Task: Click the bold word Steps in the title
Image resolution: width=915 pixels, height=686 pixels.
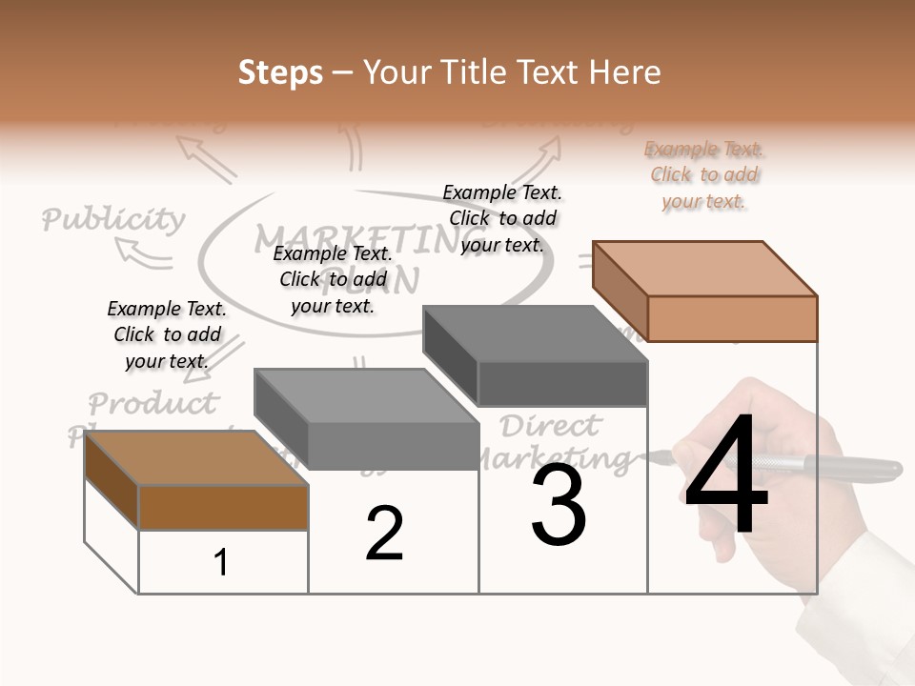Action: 280,72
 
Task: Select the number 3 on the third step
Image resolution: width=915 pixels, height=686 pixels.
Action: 559,505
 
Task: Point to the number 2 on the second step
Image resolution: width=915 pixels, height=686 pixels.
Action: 384,534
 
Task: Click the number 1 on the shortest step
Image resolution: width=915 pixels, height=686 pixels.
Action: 221,563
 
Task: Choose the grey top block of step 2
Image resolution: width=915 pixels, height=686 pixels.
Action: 368,419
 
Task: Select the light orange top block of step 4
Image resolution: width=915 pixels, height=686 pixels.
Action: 706,291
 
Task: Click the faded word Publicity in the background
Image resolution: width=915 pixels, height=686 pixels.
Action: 113,220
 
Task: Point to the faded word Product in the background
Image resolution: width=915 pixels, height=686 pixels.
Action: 153,403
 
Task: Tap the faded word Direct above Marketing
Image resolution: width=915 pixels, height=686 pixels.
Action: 551,425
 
